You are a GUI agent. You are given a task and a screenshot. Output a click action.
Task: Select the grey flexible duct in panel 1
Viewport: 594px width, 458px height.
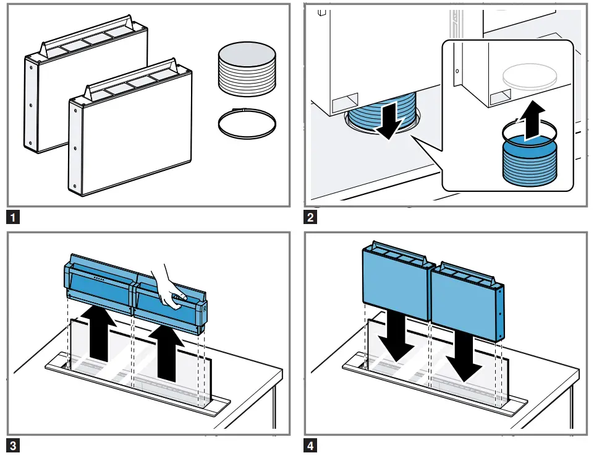(247, 73)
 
